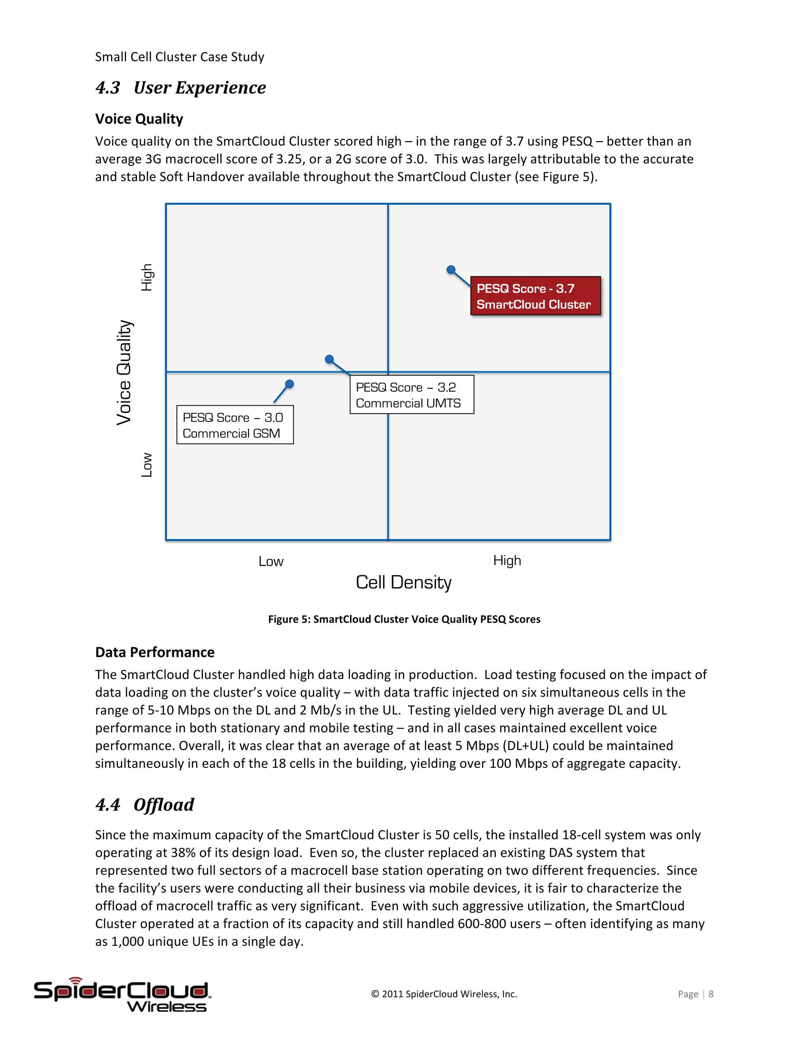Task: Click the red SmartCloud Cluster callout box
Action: coord(535,296)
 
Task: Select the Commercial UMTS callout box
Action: coord(412,395)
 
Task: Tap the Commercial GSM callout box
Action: coord(235,425)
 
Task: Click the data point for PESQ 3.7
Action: coord(450,270)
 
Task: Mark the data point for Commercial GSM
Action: coord(290,384)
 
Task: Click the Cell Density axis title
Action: coord(404,582)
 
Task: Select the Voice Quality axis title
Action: coord(124,373)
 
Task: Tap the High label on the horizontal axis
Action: coord(507,560)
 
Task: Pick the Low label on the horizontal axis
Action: coord(271,561)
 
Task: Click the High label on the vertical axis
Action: coord(147,278)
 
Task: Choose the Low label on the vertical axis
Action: coord(147,465)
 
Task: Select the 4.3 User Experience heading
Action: coord(181,88)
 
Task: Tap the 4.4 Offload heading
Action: coord(145,805)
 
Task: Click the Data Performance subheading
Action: coord(155,652)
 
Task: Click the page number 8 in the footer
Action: coord(711,994)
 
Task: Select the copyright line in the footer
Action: coord(444,994)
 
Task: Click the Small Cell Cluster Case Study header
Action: coord(180,57)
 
